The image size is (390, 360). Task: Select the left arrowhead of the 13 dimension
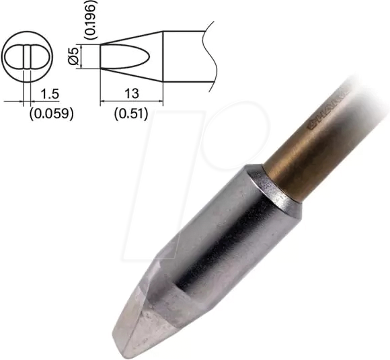pos(103,101)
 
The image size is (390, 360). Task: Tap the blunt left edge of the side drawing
pos(100,57)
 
